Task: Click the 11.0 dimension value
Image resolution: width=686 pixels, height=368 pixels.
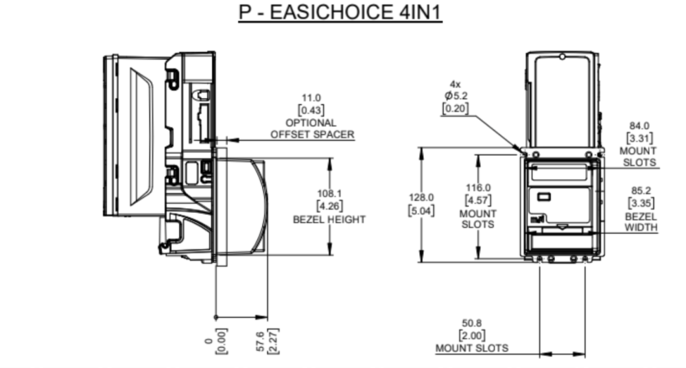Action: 311,98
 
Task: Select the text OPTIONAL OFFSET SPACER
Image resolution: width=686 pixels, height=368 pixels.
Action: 312,128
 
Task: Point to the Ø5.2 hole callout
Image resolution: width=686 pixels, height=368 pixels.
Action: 455,96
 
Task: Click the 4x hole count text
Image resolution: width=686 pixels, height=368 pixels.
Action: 455,84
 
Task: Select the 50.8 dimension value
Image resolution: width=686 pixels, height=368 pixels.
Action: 472,323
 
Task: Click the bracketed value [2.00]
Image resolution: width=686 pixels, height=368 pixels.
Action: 472,335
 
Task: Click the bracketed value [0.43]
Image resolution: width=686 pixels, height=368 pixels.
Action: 311,110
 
